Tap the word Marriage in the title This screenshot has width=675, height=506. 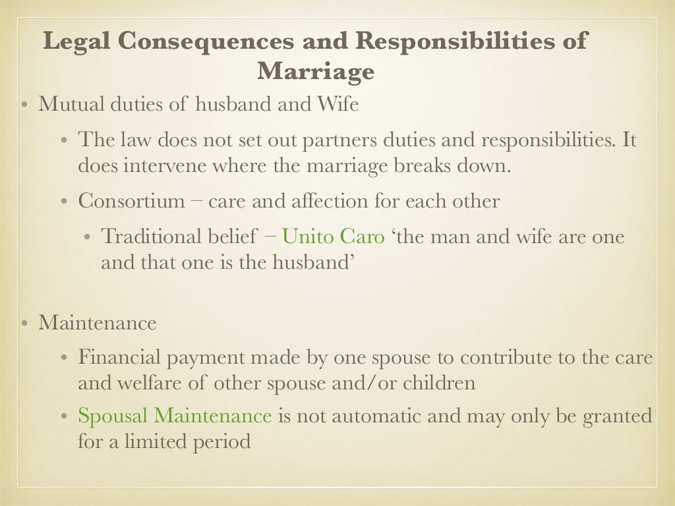pos(316,70)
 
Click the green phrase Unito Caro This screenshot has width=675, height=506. pos(333,237)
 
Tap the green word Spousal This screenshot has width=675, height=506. pos(113,416)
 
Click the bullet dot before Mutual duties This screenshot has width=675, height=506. pos(24,105)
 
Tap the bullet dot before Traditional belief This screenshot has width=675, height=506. pos(87,237)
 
